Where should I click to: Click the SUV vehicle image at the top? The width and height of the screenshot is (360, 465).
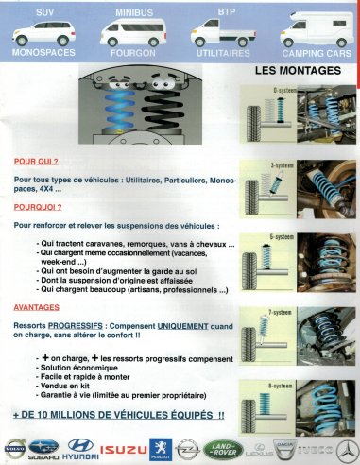43,35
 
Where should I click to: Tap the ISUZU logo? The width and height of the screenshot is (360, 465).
125,448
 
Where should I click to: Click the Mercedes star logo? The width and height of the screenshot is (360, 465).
349,447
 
